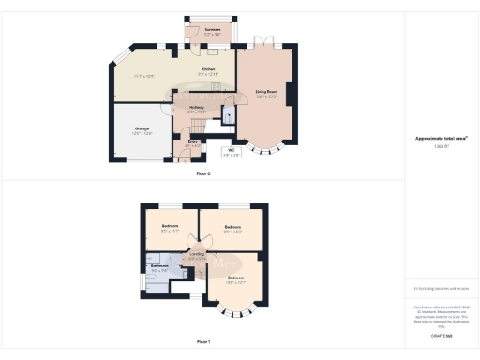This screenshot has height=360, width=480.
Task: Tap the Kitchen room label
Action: coord(208,71)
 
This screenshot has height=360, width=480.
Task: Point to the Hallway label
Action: coord(196,109)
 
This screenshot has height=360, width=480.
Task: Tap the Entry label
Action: coord(192,144)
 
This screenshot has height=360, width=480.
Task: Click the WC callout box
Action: coord(231,151)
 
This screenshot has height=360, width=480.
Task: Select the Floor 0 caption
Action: coord(203,174)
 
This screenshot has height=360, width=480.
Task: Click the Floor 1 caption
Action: coord(203,341)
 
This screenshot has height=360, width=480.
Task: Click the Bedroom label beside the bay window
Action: coord(235,279)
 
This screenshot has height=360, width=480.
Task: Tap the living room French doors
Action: coord(265,45)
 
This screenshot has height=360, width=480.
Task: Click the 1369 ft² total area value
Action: coord(442,147)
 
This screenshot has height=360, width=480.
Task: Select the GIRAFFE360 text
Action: coord(442,335)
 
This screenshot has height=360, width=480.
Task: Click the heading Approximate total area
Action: coord(442,138)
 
